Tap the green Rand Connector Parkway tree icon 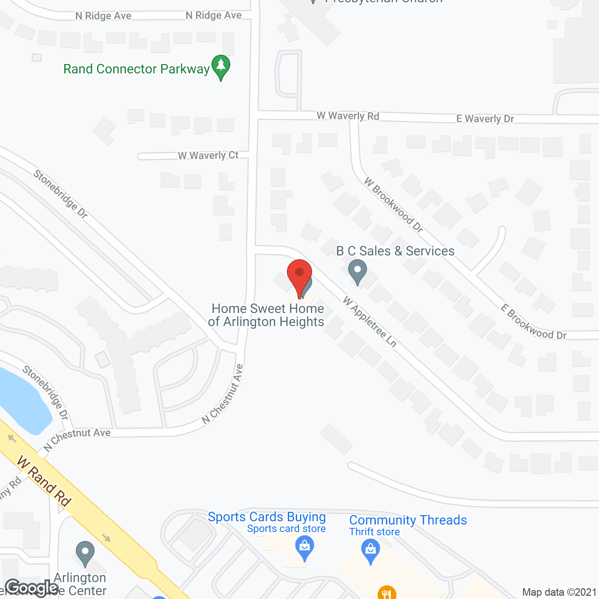221,66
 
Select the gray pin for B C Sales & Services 358,271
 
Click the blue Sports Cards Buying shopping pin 305,548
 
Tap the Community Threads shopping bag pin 371,551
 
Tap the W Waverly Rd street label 348,116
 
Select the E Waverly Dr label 485,119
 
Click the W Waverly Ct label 208,155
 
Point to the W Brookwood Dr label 394,205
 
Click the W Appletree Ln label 370,322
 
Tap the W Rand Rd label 44,481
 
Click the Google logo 32,588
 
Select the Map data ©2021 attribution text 559,592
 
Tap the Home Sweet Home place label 267,315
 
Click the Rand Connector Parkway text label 136,69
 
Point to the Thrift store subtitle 374,532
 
